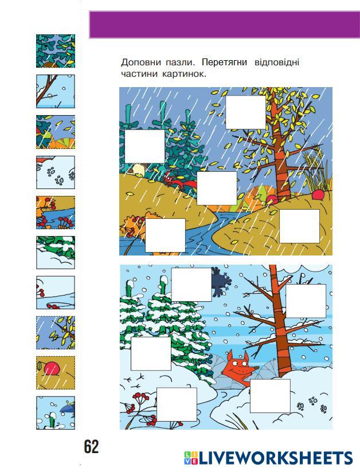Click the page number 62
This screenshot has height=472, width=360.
(91, 447)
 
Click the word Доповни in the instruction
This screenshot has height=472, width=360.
(140, 62)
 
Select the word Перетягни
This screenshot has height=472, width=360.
(224, 62)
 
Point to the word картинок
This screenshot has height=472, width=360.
(184, 74)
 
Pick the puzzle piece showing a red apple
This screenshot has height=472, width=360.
(56, 373)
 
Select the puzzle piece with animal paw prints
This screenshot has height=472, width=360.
(56, 172)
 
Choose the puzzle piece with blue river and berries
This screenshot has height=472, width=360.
(56, 213)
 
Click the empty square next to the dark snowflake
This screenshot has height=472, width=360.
(191, 285)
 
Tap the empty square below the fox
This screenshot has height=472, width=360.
(270, 396)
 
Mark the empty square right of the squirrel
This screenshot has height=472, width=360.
(217, 188)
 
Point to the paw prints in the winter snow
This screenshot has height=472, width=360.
(312, 404)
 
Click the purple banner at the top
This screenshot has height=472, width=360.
(225, 25)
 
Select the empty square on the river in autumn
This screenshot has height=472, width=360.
(165, 235)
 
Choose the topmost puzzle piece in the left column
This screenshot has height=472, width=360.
(56, 51)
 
